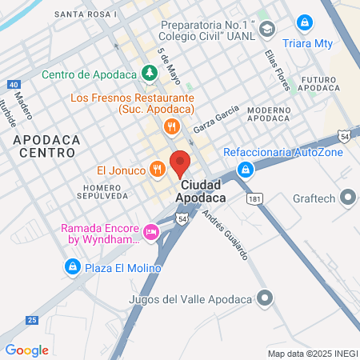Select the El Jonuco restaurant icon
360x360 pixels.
158,170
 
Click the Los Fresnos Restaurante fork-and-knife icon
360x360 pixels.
170,126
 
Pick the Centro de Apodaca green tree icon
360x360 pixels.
148,74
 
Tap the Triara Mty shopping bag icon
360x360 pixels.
305,24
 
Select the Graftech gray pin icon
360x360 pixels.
348,196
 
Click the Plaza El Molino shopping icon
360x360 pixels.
73,266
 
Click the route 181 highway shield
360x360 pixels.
255,198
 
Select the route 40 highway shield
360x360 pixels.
14,84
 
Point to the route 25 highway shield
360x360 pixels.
31,320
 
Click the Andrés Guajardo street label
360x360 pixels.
225,235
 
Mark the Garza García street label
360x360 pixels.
216,118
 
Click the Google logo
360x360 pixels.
26,350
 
